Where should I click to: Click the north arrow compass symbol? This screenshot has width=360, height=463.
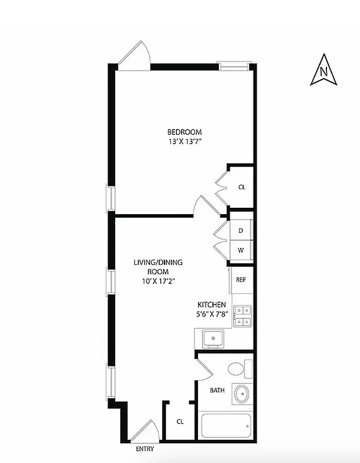(x=324, y=71)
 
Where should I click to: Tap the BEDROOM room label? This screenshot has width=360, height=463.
(x=185, y=131)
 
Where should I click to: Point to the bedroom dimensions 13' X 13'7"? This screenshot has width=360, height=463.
(x=185, y=141)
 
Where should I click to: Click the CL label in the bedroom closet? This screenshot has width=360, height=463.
(x=242, y=187)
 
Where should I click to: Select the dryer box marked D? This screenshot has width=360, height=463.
(x=241, y=230)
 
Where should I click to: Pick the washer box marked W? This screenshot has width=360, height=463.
(x=241, y=250)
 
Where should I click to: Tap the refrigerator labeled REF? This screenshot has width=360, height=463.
(x=241, y=280)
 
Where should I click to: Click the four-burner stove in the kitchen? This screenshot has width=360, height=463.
(x=242, y=315)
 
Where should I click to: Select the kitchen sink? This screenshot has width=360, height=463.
(x=212, y=337)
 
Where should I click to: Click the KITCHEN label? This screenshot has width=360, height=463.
(x=212, y=304)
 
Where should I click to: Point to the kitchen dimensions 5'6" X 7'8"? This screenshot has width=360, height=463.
(x=212, y=314)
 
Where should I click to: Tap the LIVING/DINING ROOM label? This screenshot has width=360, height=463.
(x=158, y=267)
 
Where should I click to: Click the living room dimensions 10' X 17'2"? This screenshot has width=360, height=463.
(x=158, y=281)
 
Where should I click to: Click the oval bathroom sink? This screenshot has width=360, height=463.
(x=241, y=395)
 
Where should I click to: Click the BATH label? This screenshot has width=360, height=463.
(x=217, y=391)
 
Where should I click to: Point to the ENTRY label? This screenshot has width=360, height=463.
(x=145, y=449)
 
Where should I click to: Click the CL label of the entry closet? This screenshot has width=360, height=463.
(x=180, y=421)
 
